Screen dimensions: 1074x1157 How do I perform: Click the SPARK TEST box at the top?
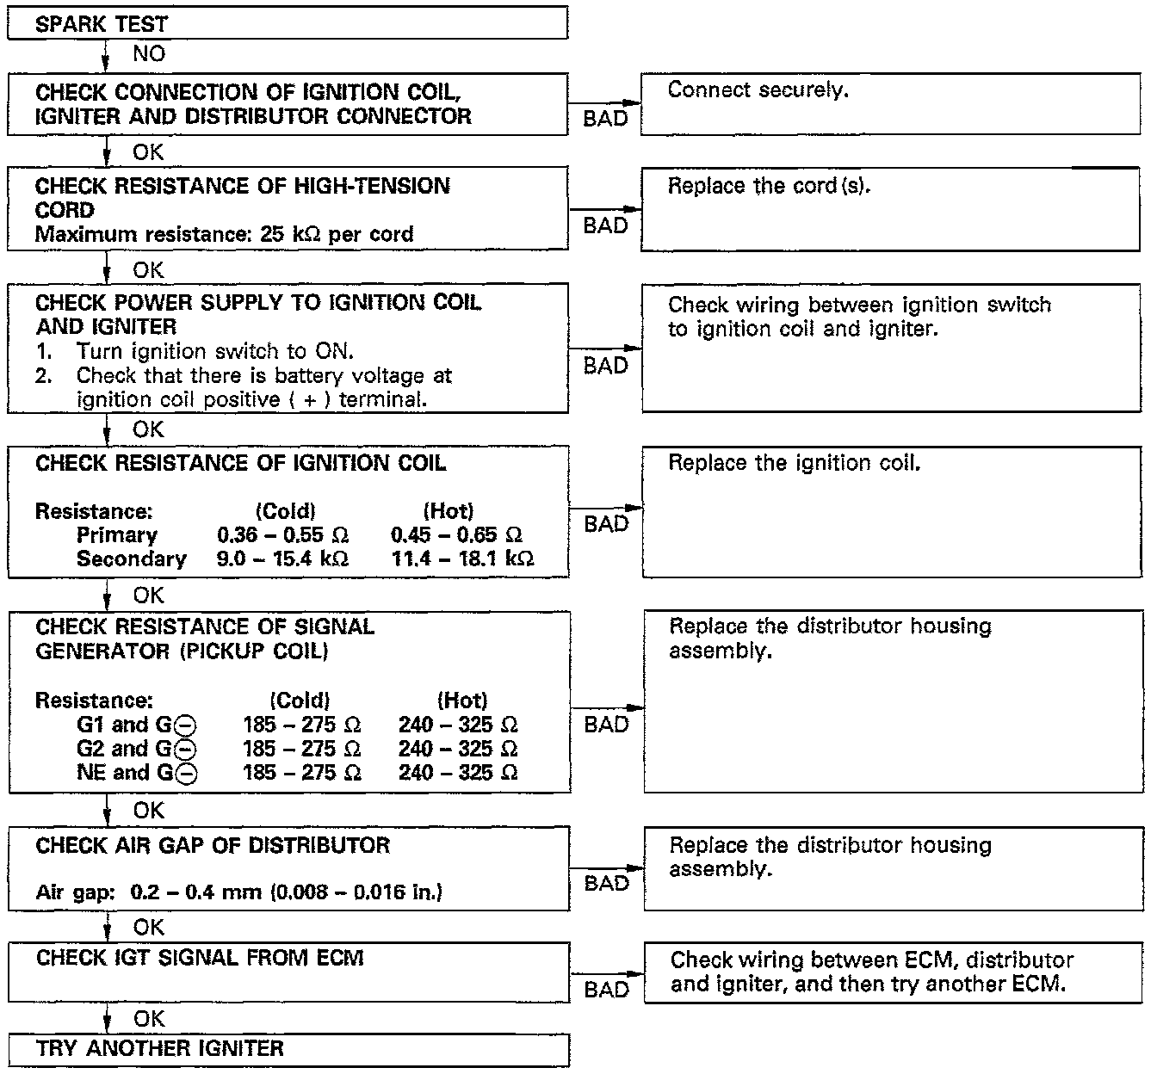tap(288, 23)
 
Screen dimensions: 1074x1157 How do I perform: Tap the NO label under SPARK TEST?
tap(148, 54)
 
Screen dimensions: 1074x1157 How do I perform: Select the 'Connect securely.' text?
tap(758, 90)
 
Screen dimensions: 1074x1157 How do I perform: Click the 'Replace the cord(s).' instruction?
tap(769, 186)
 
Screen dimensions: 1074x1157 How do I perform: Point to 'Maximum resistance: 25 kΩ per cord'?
tap(224, 234)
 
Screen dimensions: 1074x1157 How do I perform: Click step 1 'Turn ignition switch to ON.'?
tap(214, 351)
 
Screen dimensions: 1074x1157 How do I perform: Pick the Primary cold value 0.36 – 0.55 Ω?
tap(282, 534)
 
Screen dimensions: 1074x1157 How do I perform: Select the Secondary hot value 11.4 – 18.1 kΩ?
tap(462, 559)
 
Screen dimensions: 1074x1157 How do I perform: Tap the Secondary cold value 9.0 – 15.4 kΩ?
tap(282, 559)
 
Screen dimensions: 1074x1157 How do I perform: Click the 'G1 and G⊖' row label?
tap(137, 725)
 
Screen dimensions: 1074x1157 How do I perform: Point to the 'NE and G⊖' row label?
tap(137, 773)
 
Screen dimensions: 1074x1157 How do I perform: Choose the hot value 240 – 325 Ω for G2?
tap(458, 749)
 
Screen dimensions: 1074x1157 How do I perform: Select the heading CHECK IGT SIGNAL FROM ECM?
tap(200, 958)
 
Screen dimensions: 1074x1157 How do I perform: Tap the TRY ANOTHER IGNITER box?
tap(288, 1048)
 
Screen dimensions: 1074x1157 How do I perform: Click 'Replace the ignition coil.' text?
tap(794, 463)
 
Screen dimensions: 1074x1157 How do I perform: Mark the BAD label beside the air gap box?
tap(606, 884)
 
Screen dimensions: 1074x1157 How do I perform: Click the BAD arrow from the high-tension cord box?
tap(604, 209)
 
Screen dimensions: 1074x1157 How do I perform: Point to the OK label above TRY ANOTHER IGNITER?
tap(148, 1019)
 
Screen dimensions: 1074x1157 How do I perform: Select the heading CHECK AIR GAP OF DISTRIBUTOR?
tap(213, 845)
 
